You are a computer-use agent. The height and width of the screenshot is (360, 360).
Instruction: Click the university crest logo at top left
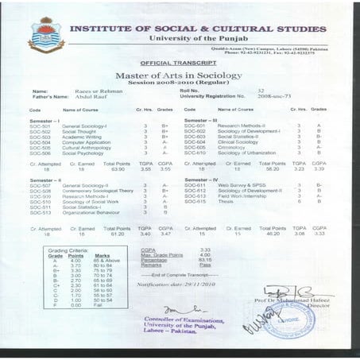pos(46,34)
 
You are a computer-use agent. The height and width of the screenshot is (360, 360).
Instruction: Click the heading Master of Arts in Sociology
pos(180,75)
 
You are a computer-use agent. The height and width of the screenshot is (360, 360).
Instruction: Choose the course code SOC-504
pos(40,141)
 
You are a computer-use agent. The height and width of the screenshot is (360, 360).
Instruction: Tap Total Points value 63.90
pos(116,168)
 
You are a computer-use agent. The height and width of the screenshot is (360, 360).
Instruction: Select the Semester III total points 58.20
pos(272,168)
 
